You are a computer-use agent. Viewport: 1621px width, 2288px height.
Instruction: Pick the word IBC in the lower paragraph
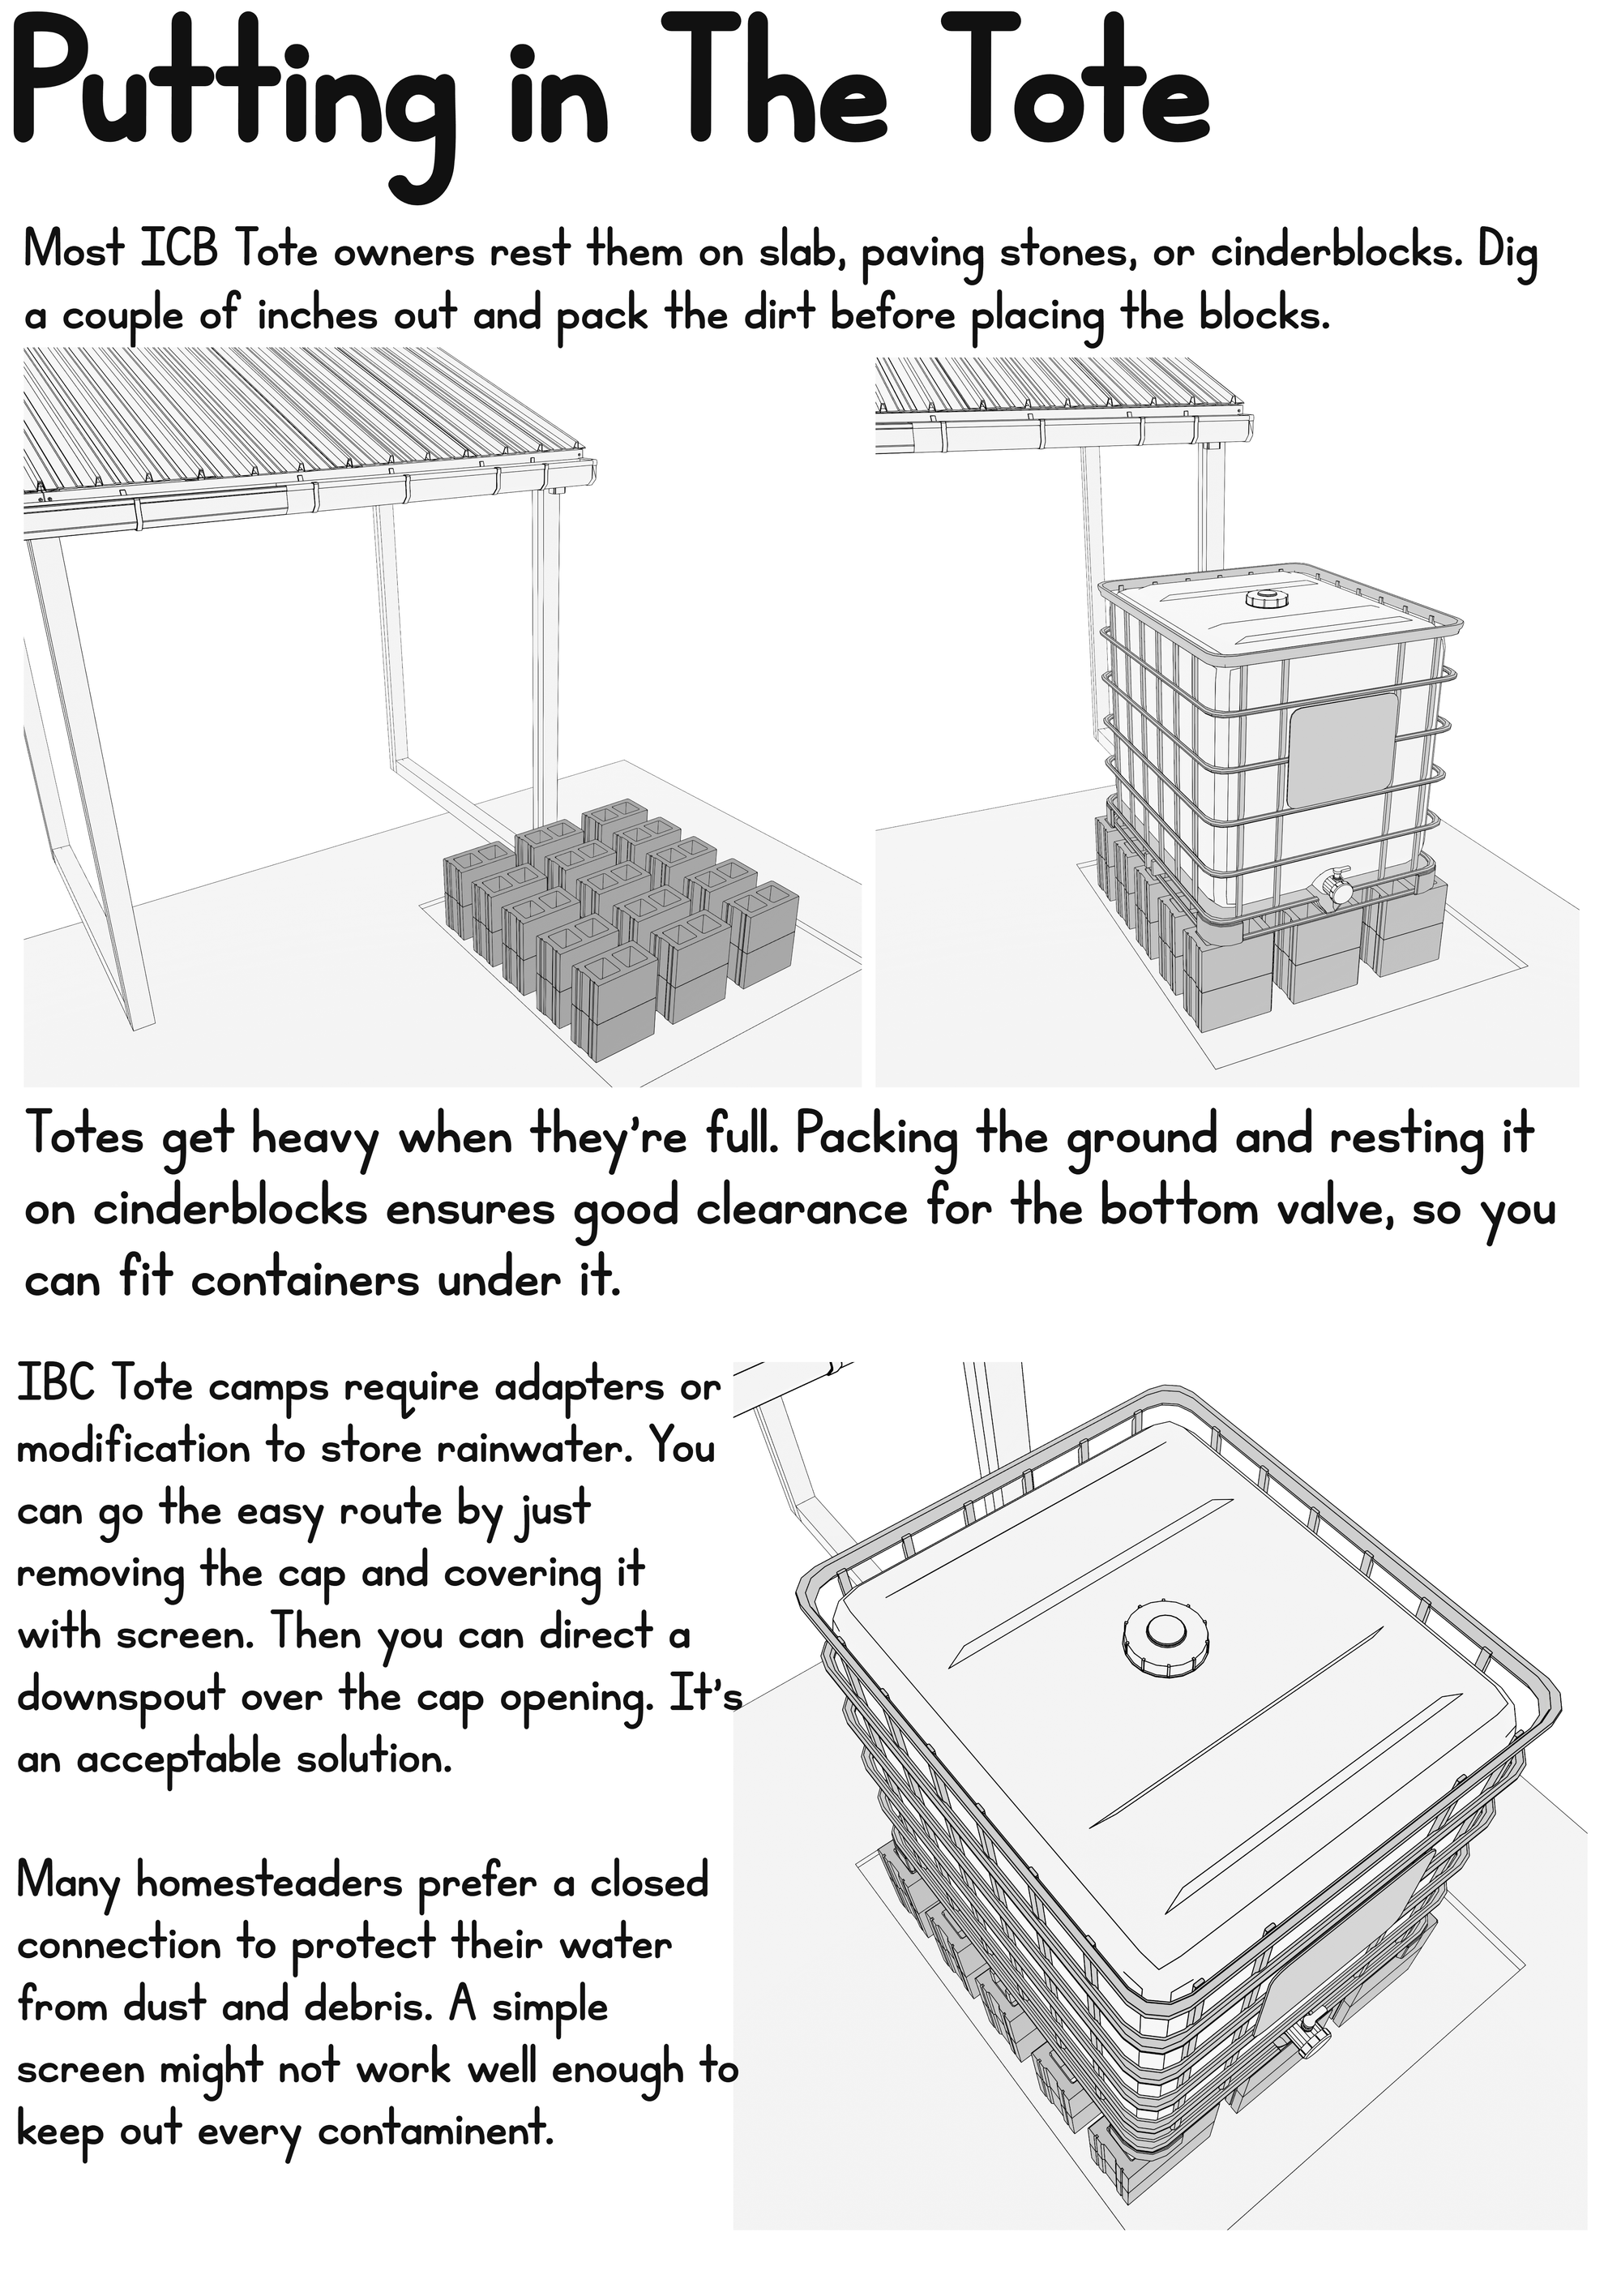[x=57, y=1387]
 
